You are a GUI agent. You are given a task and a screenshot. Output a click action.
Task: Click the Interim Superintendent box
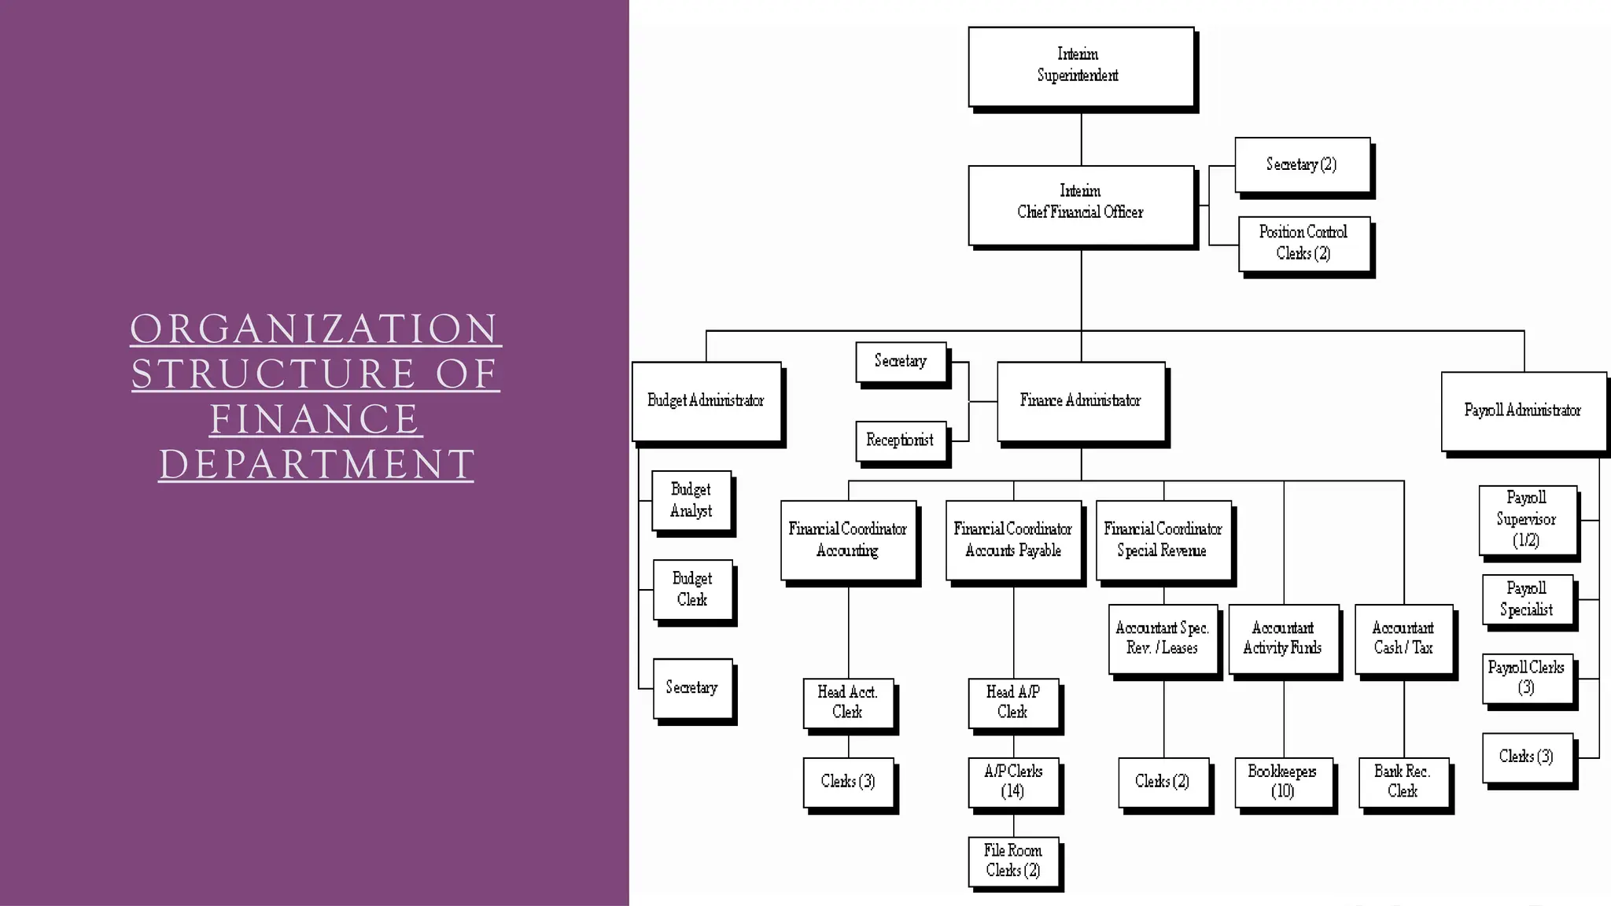(x=1081, y=66)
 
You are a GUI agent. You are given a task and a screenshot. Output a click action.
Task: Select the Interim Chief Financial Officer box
(x=1081, y=204)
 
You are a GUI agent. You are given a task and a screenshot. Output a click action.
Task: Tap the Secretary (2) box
(x=1302, y=164)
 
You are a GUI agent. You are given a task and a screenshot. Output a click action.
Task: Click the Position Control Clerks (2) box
(x=1303, y=243)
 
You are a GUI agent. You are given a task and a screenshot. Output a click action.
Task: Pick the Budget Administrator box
(x=706, y=401)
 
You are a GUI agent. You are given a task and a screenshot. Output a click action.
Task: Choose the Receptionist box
(x=901, y=440)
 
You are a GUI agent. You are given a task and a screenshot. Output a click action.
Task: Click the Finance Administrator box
(x=1081, y=401)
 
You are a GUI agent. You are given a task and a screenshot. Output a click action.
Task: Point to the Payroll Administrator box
(x=1523, y=411)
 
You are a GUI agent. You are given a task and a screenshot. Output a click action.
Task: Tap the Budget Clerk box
(x=692, y=589)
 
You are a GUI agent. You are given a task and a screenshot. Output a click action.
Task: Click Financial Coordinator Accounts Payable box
(x=1013, y=540)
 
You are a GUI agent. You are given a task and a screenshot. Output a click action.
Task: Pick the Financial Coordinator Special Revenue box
(x=1163, y=540)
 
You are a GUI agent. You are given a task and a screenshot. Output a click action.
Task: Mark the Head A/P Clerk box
(x=1013, y=702)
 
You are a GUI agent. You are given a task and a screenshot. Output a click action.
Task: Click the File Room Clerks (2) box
(x=1013, y=860)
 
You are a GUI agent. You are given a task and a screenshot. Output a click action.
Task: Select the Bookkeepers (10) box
(x=1283, y=782)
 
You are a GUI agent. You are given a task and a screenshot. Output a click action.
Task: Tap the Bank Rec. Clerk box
(x=1403, y=782)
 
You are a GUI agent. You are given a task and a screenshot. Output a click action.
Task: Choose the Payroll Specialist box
(x=1527, y=599)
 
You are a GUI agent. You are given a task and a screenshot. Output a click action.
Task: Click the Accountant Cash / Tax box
(x=1404, y=638)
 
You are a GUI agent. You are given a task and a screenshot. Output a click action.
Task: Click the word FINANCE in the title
(x=315, y=419)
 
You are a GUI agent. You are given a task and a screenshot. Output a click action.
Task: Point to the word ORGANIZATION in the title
(x=315, y=329)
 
